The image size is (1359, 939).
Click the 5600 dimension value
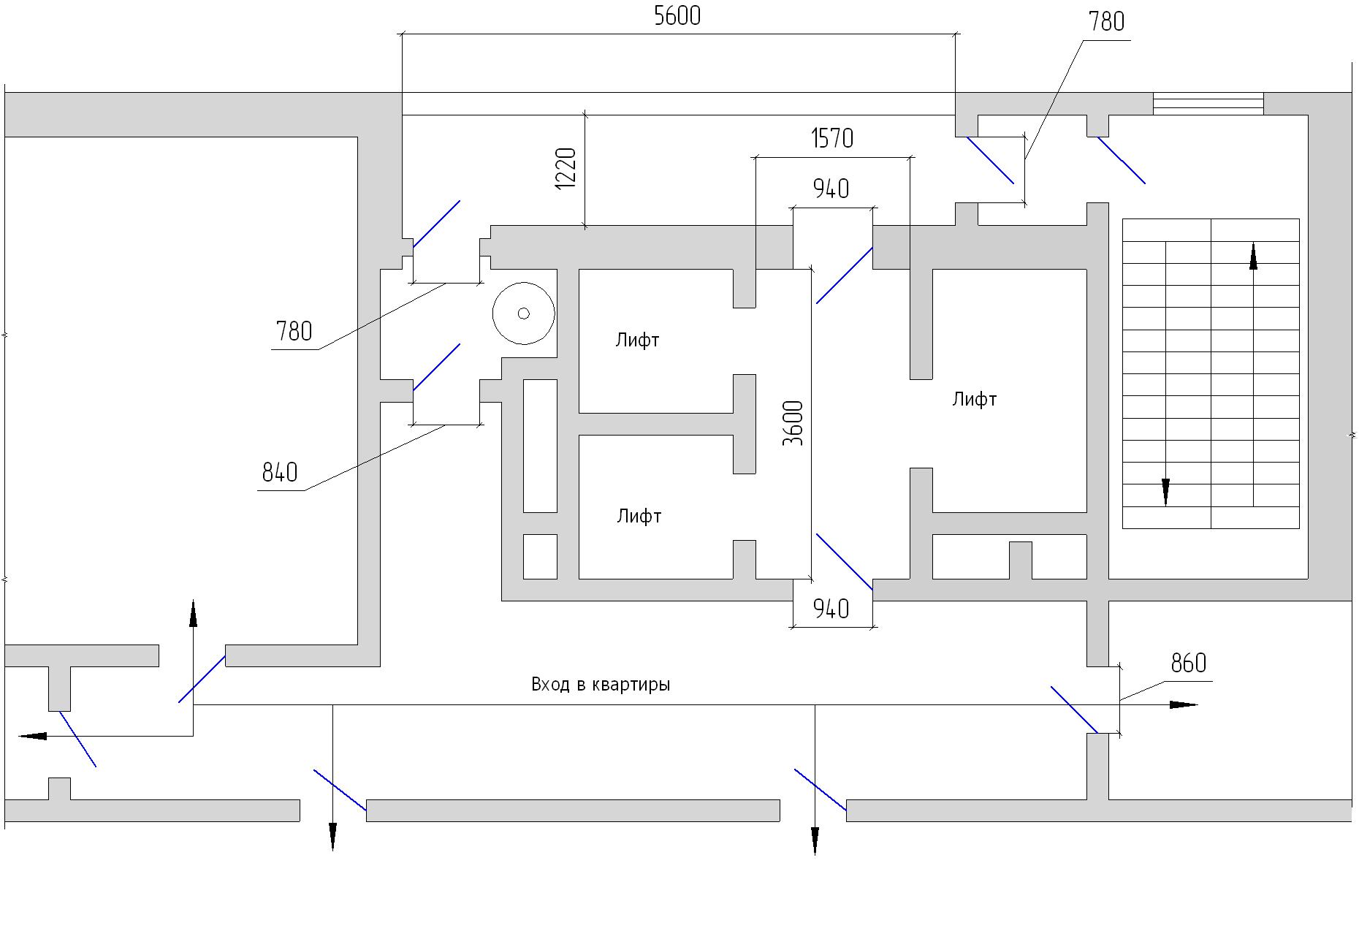(x=677, y=16)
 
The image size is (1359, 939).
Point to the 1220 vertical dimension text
(x=566, y=169)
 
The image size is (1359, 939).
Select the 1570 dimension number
(x=832, y=138)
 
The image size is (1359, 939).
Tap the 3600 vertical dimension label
(x=793, y=423)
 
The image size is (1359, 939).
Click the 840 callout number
(x=280, y=473)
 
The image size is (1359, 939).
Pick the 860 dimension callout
(x=1189, y=664)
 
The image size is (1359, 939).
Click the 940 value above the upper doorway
(x=831, y=189)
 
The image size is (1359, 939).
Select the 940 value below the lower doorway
(x=831, y=609)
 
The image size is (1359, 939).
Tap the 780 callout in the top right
(x=1107, y=22)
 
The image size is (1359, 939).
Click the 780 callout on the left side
(x=294, y=332)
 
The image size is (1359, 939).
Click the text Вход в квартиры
(x=601, y=685)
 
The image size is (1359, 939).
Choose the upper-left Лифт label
(x=637, y=340)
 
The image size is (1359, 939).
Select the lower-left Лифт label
(x=639, y=516)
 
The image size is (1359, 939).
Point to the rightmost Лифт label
(x=975, y=399)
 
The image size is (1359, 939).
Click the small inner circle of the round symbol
(x=523, y=313)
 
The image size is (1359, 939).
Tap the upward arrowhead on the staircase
(x=1254, y=256)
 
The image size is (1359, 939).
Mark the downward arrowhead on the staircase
(x=1165, y=493)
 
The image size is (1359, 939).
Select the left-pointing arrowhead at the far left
(x=32, y=736)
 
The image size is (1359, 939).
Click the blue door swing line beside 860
(x=1074, y=710)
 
